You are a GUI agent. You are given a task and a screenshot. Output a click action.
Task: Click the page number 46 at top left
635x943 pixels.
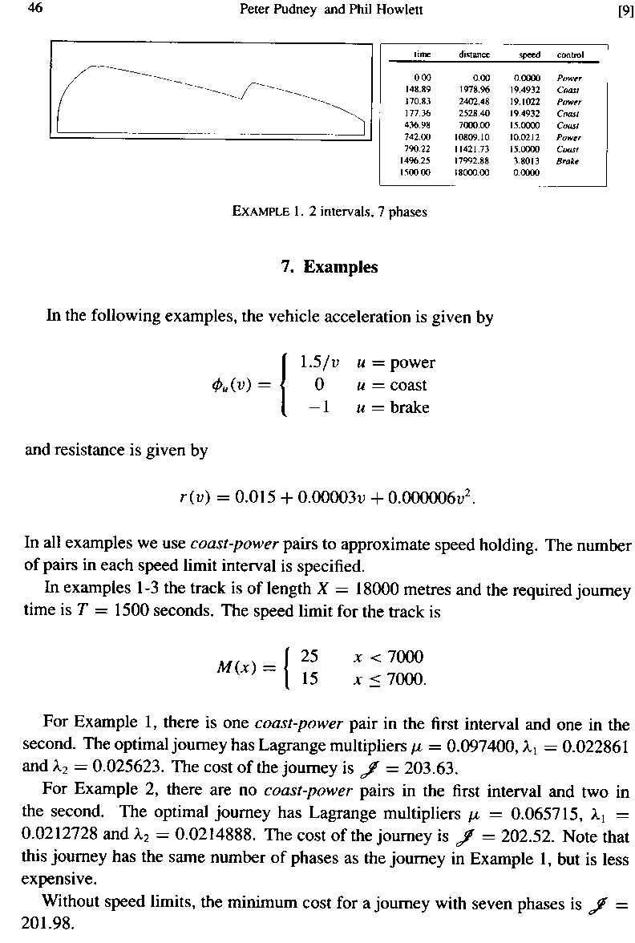coord(34,9)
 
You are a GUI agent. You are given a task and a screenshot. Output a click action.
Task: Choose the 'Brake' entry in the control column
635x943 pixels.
coord(568,160)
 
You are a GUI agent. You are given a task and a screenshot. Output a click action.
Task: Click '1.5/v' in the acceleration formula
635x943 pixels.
coord(318,362)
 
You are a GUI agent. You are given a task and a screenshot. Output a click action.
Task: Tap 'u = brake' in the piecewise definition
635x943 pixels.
coord(393,407)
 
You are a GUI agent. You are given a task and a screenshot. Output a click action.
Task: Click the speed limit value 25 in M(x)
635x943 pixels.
coord(309,657)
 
